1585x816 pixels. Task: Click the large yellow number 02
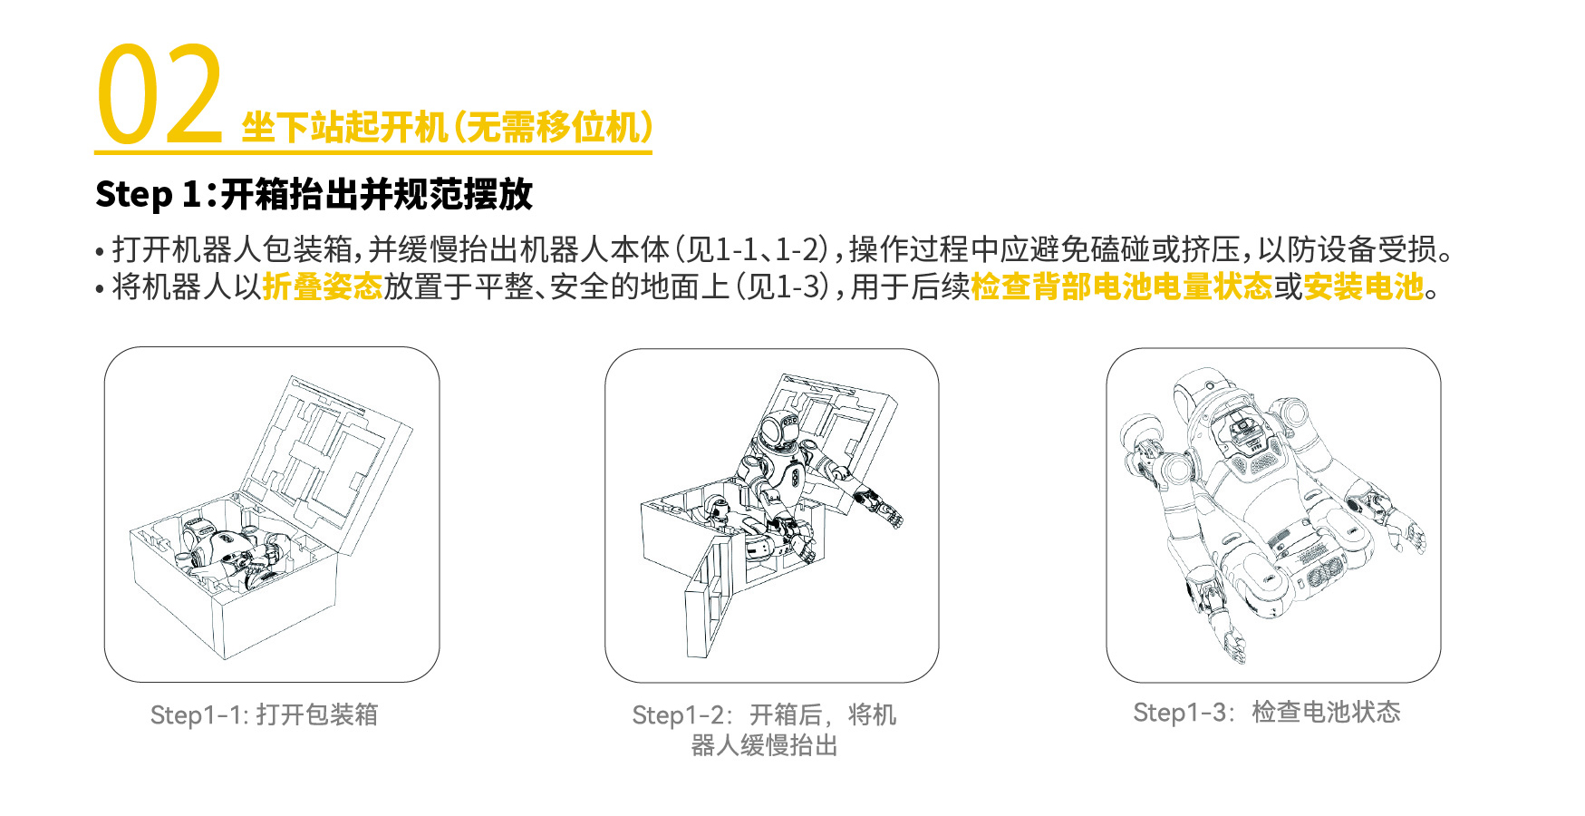point(159,95)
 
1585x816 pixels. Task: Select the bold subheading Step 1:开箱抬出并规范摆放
point(314,194)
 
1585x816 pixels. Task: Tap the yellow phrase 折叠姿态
point(323,287)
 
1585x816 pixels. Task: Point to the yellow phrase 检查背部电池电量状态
point(1122,287)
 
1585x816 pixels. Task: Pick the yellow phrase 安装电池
point(1364,287)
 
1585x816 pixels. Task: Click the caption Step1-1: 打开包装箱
point(264,714)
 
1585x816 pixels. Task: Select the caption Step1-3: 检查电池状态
point(1267,712)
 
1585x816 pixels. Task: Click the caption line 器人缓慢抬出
point(764,745)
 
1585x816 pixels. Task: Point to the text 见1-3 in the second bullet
point(782,287)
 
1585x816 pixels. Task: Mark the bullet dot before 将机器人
point(100,290)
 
